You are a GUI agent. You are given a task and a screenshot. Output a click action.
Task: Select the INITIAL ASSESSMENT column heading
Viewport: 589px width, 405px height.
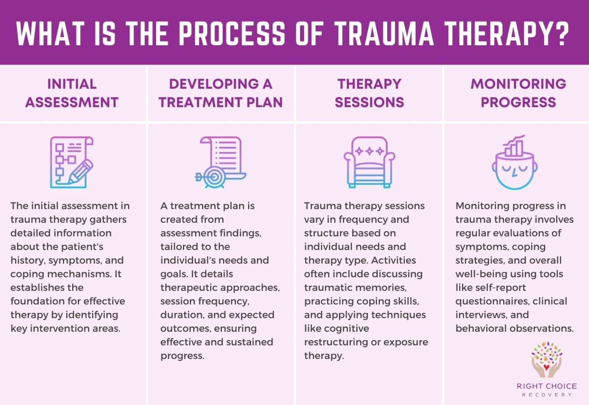tap(72, 93)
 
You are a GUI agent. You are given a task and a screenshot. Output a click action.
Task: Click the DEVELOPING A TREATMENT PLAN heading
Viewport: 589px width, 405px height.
tap(220, 93)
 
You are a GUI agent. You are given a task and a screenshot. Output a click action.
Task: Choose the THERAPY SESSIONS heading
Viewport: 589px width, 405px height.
tap(369, 93)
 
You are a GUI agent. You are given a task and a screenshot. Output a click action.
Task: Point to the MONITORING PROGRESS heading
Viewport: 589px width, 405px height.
tap(518, 93)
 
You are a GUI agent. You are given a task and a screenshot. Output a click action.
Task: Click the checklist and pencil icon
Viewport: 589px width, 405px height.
tap(72, 162)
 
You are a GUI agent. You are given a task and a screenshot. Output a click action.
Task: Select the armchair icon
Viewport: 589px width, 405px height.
tap(369, 162)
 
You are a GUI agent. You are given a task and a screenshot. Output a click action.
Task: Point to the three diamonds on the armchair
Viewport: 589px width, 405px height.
tap(369, 151)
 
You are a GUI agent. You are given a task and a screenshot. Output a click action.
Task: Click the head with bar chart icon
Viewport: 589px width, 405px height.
tap(515, 163)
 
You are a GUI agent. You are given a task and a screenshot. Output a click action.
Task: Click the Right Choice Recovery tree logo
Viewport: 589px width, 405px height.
tap(546, 359)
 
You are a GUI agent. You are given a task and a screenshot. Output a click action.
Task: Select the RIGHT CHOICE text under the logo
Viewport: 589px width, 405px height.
tap(546, 386)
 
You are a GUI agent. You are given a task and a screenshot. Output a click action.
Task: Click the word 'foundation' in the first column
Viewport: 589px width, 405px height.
tap(37, 301)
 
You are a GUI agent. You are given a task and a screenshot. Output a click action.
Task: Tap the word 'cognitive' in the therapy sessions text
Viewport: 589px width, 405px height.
tap(337, 328)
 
